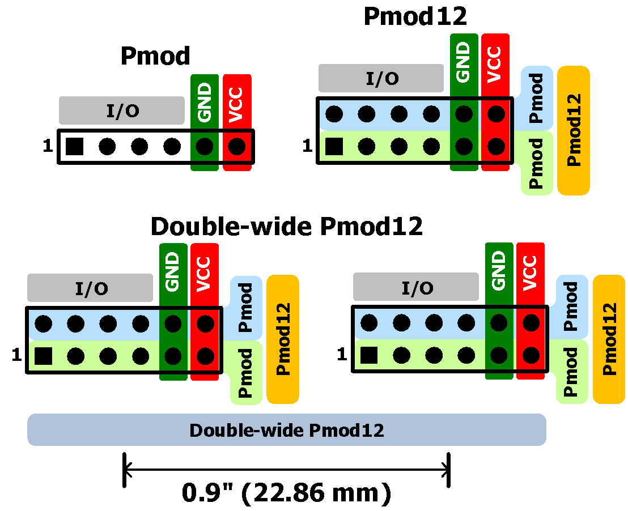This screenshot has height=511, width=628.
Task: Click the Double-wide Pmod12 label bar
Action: tap(286, 430)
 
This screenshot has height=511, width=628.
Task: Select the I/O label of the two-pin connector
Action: tap(122, 110)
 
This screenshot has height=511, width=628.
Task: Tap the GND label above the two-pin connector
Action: tap(205, 103)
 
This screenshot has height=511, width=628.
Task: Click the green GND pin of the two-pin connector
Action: tap(205, 147)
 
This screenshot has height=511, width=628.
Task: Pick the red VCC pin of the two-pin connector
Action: tap(237, 147)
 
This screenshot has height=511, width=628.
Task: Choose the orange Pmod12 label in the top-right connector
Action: tap(574, 130)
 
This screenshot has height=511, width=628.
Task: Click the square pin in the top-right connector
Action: tap(334, 147)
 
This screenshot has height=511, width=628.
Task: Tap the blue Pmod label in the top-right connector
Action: tap(536, 98)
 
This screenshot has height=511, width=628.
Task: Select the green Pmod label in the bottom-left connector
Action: tap(246, 373)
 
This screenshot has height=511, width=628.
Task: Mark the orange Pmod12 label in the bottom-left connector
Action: tap(282, 339)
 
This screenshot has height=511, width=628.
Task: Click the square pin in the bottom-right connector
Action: tap(369, 356)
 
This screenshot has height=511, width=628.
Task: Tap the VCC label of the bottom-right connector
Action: tap(531, 273)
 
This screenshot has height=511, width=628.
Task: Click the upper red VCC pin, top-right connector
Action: tap(497, 114)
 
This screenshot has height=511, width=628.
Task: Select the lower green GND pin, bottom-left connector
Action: tap(173, 356)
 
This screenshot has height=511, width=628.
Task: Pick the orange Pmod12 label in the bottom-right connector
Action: tap(609, 339)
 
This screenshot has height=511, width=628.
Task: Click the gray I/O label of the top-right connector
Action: tap(381, 78)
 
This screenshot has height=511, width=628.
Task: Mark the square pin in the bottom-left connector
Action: tap(43, 356)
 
